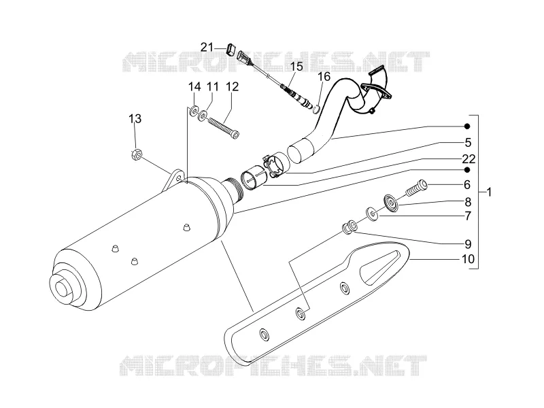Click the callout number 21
[207, 47]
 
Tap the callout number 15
[296, 66]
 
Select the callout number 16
[324, 76]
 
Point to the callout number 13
[135, 118]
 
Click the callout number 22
[469, 159]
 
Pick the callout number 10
[468, 259]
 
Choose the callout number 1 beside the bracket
[489, 192]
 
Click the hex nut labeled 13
[137, 155]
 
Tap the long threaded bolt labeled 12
[224, 128]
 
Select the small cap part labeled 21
[232, 49]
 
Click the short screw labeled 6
[416, 188]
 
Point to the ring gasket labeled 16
[316, 109]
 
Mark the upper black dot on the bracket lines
[467, 126]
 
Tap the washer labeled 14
[193, 110]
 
